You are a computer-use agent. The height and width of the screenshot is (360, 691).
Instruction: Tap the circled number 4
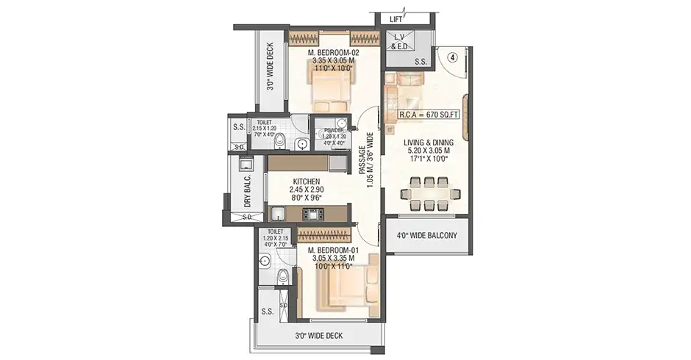(x=454, y=58)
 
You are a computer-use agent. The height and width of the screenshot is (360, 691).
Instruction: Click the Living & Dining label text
(x=429, y=143)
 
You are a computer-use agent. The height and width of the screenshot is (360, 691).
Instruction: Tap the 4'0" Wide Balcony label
(x=427, y=236)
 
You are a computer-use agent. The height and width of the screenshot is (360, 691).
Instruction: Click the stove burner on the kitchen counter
(x=312, y=215)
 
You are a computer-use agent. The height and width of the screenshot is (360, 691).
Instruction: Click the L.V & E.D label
(x=399, y=42)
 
